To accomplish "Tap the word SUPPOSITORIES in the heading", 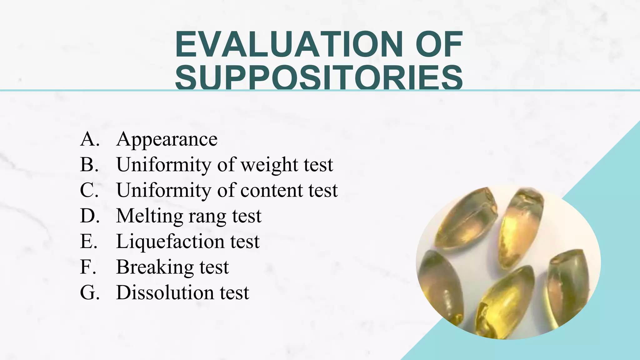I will pyautogui.click(x=319, y=77).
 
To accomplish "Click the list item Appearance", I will pyautogui.click(x=167, y=139).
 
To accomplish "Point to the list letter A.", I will pyautogui.click(x=89, y=139).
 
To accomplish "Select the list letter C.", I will pyautogui.click(x=89, y=190).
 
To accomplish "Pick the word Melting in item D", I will pyautogui.click(x=150, y=216).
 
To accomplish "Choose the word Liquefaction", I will pyautogui.click(x=170, y=242).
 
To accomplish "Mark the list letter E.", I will pyautogui.click(x=88, y=242).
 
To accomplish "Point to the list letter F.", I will pyautogui.click(x=88, y=267).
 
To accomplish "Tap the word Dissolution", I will pyautogui.click(x=165, y=293).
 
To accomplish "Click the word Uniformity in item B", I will pyautogui.click(x=163, y=165).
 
